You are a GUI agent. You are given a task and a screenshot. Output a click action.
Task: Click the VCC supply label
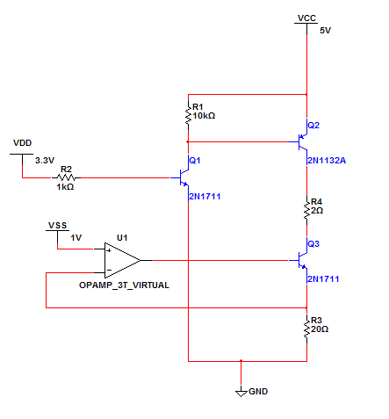click(x=306, y=18)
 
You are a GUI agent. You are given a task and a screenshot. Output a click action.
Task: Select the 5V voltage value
click(x=325, y=31)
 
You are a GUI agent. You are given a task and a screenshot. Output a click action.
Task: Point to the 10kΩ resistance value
click(x=204, y=116)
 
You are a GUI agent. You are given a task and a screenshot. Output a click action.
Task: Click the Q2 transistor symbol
click(x=301, y=142)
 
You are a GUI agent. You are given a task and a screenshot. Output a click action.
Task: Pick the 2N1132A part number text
click(x=327, y=161)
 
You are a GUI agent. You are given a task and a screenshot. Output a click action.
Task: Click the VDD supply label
click(x=22, y=143)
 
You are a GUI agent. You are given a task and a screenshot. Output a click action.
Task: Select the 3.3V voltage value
click(x=45, y=161)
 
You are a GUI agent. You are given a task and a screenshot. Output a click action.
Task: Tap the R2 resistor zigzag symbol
click(x=66, y=177)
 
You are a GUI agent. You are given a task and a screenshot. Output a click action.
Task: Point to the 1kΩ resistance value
click(x=65, y=187)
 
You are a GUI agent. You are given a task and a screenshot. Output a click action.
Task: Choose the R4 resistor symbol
click(x=306, y=211)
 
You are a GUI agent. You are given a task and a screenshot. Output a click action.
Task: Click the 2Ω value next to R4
click(x=317, y=211)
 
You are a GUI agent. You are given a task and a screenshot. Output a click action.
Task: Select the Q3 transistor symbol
click(x=301, y=260)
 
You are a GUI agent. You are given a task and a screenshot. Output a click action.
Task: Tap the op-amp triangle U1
click(x=122, y=260)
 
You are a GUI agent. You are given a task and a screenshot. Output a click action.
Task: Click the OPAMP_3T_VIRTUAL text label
click(x=124, y=285)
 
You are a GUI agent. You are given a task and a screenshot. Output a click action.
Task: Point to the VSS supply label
click(x=58, y=226)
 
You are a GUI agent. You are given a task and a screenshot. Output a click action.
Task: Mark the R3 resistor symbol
click(x=306, y=329)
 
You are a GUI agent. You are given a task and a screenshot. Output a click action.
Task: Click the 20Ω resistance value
click(x=320, y=329)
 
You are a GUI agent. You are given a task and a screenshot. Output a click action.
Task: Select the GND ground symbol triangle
click(x=241, y=393)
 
